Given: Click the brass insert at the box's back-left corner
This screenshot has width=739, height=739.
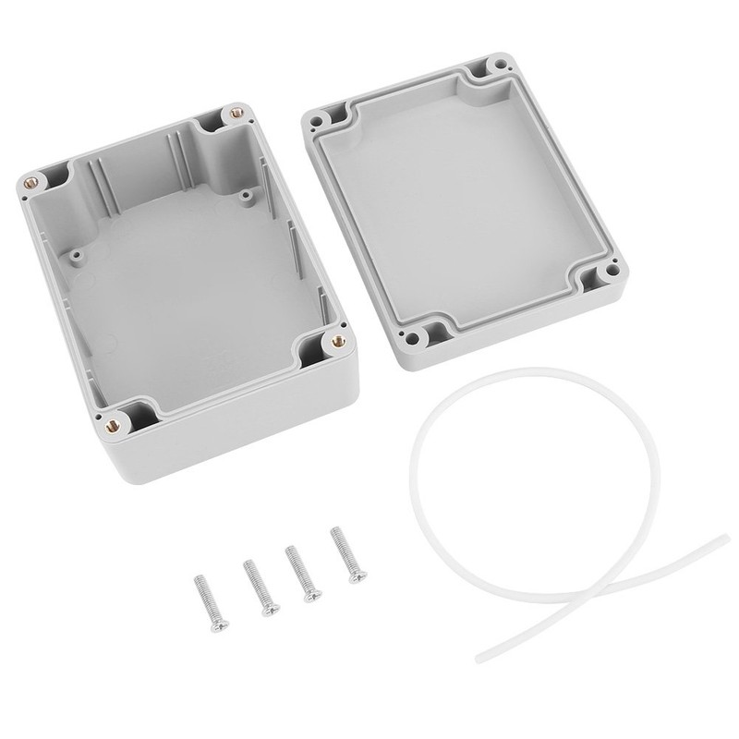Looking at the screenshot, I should (x=33, y=180).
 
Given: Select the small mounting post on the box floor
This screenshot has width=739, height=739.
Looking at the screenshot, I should (x=246, y=195).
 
